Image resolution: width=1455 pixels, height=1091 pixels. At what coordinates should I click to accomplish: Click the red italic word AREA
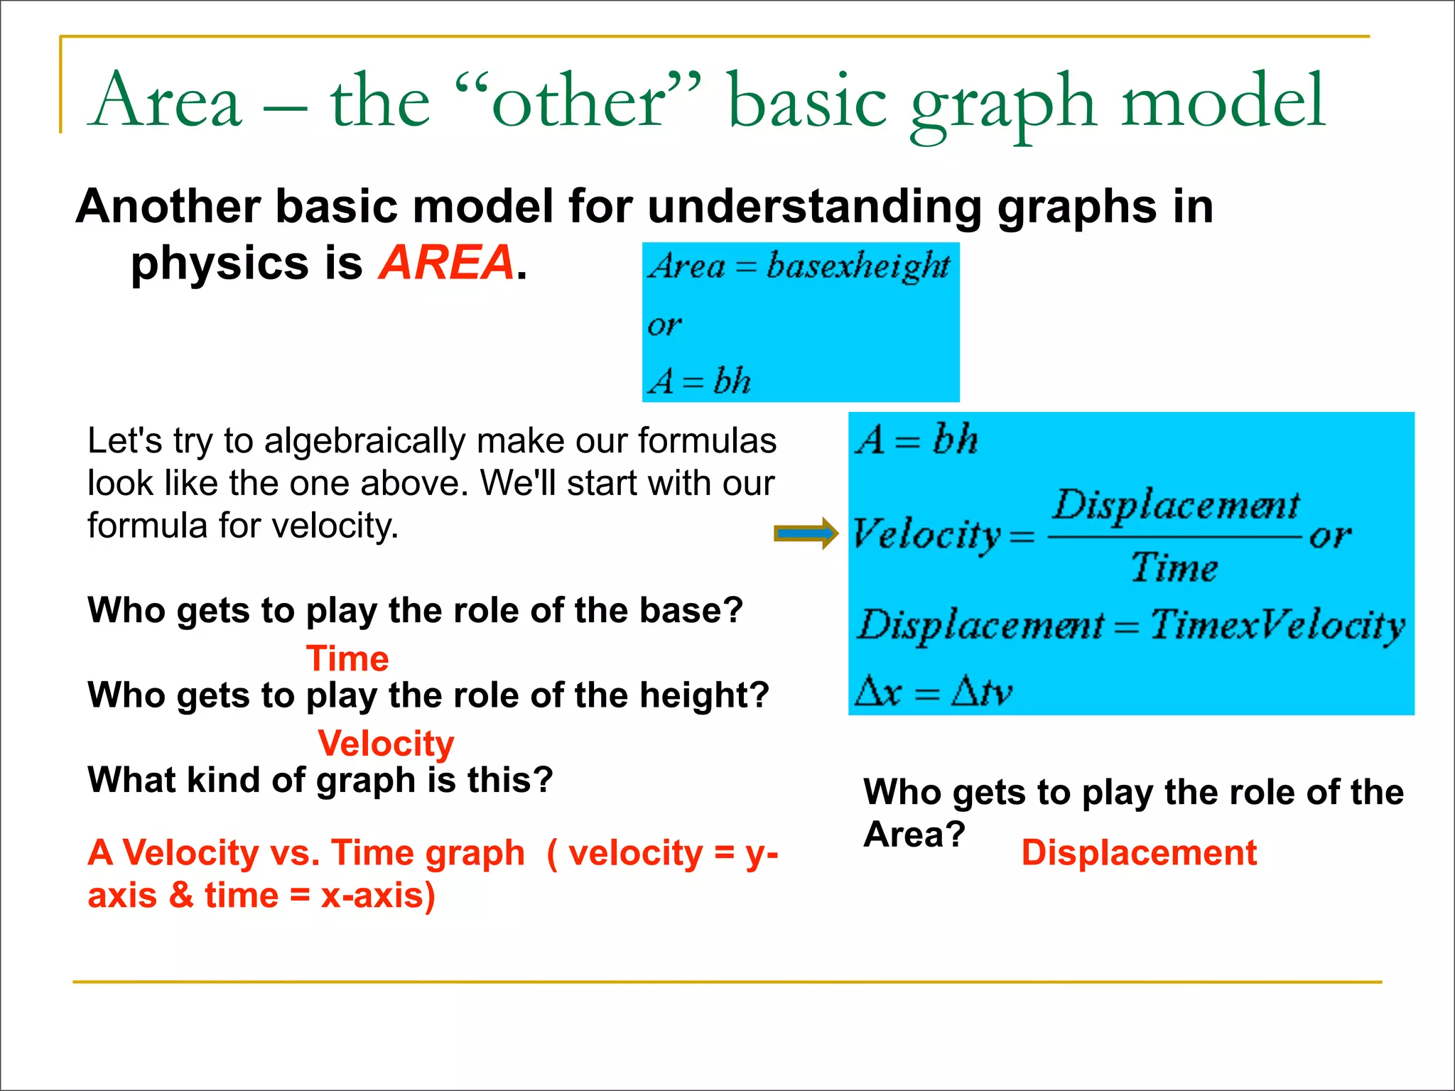[446, 263]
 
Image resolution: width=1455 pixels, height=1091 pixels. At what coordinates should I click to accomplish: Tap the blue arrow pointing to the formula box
[806, 533]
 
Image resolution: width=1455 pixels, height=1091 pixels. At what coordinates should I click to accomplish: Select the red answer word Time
[347, 658]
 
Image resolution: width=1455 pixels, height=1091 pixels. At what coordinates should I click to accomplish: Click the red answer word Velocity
[386, 744]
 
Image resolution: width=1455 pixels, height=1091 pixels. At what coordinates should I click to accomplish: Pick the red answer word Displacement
[1139, 852]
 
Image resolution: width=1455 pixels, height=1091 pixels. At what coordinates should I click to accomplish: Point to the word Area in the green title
[167, 102]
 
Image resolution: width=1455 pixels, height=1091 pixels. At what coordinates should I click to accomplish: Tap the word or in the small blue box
[664, 325]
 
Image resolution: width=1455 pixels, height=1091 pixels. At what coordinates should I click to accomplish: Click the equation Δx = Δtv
[933, 690]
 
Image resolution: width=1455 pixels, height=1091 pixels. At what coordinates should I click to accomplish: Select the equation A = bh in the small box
[699, 381]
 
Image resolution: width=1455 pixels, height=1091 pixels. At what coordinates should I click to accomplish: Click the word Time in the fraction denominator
[1174, 568]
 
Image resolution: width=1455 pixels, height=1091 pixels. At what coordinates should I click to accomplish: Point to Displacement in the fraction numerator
[1176, 506]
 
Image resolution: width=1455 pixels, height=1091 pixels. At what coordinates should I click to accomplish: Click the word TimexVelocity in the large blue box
[1277, 626]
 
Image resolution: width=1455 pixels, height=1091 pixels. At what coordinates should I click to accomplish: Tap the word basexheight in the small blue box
[858, 266]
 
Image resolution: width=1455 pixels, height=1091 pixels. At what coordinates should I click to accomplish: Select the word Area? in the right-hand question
[914, 834]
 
